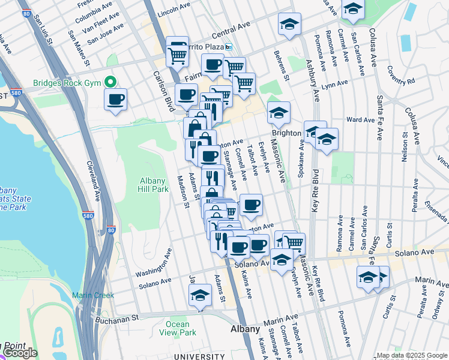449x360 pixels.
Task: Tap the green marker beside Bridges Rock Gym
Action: coord(110,82)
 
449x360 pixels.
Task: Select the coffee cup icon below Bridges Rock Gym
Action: coord(115,99)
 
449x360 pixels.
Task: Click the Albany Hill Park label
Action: coord(154,184)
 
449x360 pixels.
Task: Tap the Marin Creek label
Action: coord(89,295)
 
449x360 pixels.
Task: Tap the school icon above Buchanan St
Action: coord(200,295)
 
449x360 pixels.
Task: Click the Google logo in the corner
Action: coord(20,353)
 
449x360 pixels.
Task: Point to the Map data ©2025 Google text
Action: coord(412,355)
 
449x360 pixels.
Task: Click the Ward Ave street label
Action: coord(360,120)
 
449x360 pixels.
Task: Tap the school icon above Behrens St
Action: coord(289,24)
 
